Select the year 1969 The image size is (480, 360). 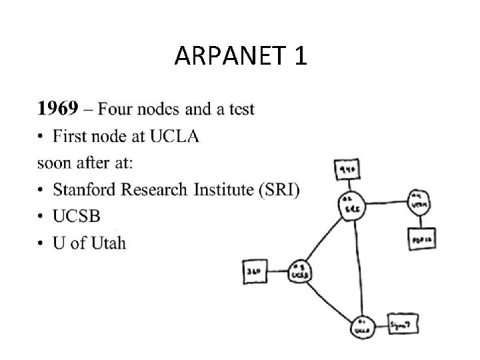click(x=58, y=108)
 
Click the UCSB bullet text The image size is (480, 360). click(x=77, y=217)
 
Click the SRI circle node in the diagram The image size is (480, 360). click(x=347, y=204)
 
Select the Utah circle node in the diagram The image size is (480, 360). click(x=419, y=201)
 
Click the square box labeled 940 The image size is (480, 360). click(x=347, y=171)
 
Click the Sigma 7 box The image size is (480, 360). click(x=402, y=323)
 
